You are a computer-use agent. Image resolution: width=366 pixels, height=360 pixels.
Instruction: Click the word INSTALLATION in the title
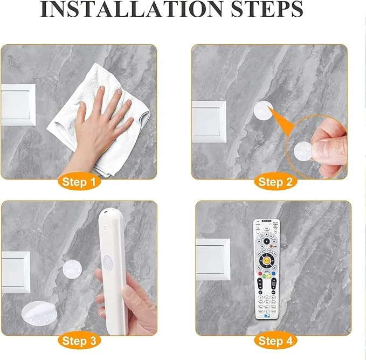point(132,9)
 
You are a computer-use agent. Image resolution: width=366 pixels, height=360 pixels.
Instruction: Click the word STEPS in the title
point(267,9)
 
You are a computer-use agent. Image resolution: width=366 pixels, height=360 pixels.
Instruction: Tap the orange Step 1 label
point(79,182)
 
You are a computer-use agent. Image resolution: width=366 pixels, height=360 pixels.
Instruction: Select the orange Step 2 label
point(275,182)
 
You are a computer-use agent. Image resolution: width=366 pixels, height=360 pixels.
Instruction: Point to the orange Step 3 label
point(79,341)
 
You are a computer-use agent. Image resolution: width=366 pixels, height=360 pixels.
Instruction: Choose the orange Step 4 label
point(275,341)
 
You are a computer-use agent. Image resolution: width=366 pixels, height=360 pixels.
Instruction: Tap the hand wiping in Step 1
point(100,130)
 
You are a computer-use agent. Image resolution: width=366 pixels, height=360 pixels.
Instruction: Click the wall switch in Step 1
point(18,105)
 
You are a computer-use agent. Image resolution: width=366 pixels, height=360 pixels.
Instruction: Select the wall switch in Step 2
point(209,122)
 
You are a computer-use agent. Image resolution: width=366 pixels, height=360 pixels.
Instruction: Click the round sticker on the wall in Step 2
point(264,110)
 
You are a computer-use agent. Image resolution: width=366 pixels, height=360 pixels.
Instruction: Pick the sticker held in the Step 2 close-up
point(303,151)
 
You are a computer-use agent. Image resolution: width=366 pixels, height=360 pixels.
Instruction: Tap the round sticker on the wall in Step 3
point(72,269)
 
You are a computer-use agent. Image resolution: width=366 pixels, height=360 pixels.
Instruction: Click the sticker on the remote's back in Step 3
point(108,263)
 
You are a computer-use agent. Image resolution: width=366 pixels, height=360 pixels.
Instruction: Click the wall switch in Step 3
point(16,272)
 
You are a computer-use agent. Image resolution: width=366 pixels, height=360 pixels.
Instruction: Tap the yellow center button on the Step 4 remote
point(267,261)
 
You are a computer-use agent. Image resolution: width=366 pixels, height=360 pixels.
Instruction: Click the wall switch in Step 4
point(213,259)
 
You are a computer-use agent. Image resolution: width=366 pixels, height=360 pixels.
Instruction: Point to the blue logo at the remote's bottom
point(267,316)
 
